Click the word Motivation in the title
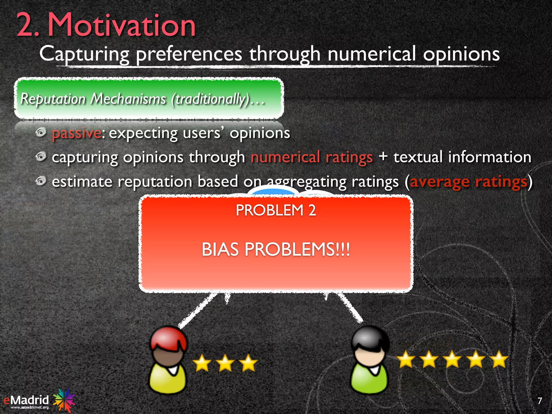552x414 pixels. click(x=121, y=26)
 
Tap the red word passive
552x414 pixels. click(x=77, y=133)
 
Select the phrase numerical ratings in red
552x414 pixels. click(x=312, y=157)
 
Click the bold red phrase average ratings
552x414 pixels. click(x=468, y=182)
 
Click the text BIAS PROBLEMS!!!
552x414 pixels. click(x=276, y=249)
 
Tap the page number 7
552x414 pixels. click(x=540, y=401)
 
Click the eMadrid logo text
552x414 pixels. click(x=26, y=400)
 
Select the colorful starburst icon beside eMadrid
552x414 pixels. click(x=64, y=400)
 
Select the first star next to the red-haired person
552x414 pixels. click(x=202, y=363)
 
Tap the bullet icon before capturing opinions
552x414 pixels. click(x=41, y=157)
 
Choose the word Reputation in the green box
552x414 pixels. click(x=53, y=99)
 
